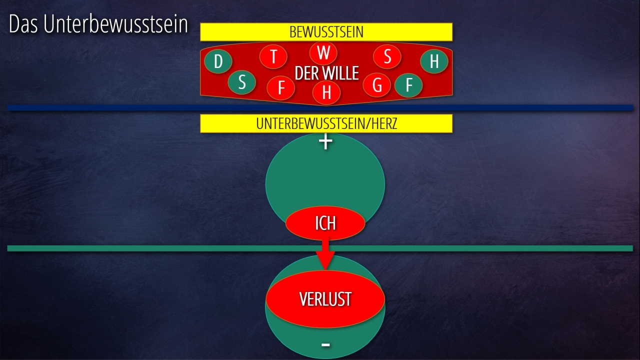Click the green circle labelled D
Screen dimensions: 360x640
click(218, 61)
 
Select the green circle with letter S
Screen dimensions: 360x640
click(242, 82)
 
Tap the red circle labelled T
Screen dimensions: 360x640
click(273, 57)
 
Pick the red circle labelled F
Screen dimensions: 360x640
click(281, 88)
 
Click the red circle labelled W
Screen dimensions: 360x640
click(323, 52)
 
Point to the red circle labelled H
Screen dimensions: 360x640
click(326, 92)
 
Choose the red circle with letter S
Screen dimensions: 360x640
click(387, 57)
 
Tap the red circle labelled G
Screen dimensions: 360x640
click(377, 85)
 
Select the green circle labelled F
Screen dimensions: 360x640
click(408, 85)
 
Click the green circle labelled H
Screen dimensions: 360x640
click(434, 61)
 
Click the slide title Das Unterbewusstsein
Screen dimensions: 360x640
click(98, 25)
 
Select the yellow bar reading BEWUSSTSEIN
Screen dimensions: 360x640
click(326, 32)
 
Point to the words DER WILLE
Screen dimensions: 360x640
click(327, 73)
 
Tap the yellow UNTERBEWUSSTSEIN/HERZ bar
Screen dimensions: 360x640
click(326, 123)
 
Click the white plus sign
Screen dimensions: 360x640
click(325, 142)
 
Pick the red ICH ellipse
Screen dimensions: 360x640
click(325, 223)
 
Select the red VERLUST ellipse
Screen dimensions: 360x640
click(325, 299)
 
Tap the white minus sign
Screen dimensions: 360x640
click(325, 344)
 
